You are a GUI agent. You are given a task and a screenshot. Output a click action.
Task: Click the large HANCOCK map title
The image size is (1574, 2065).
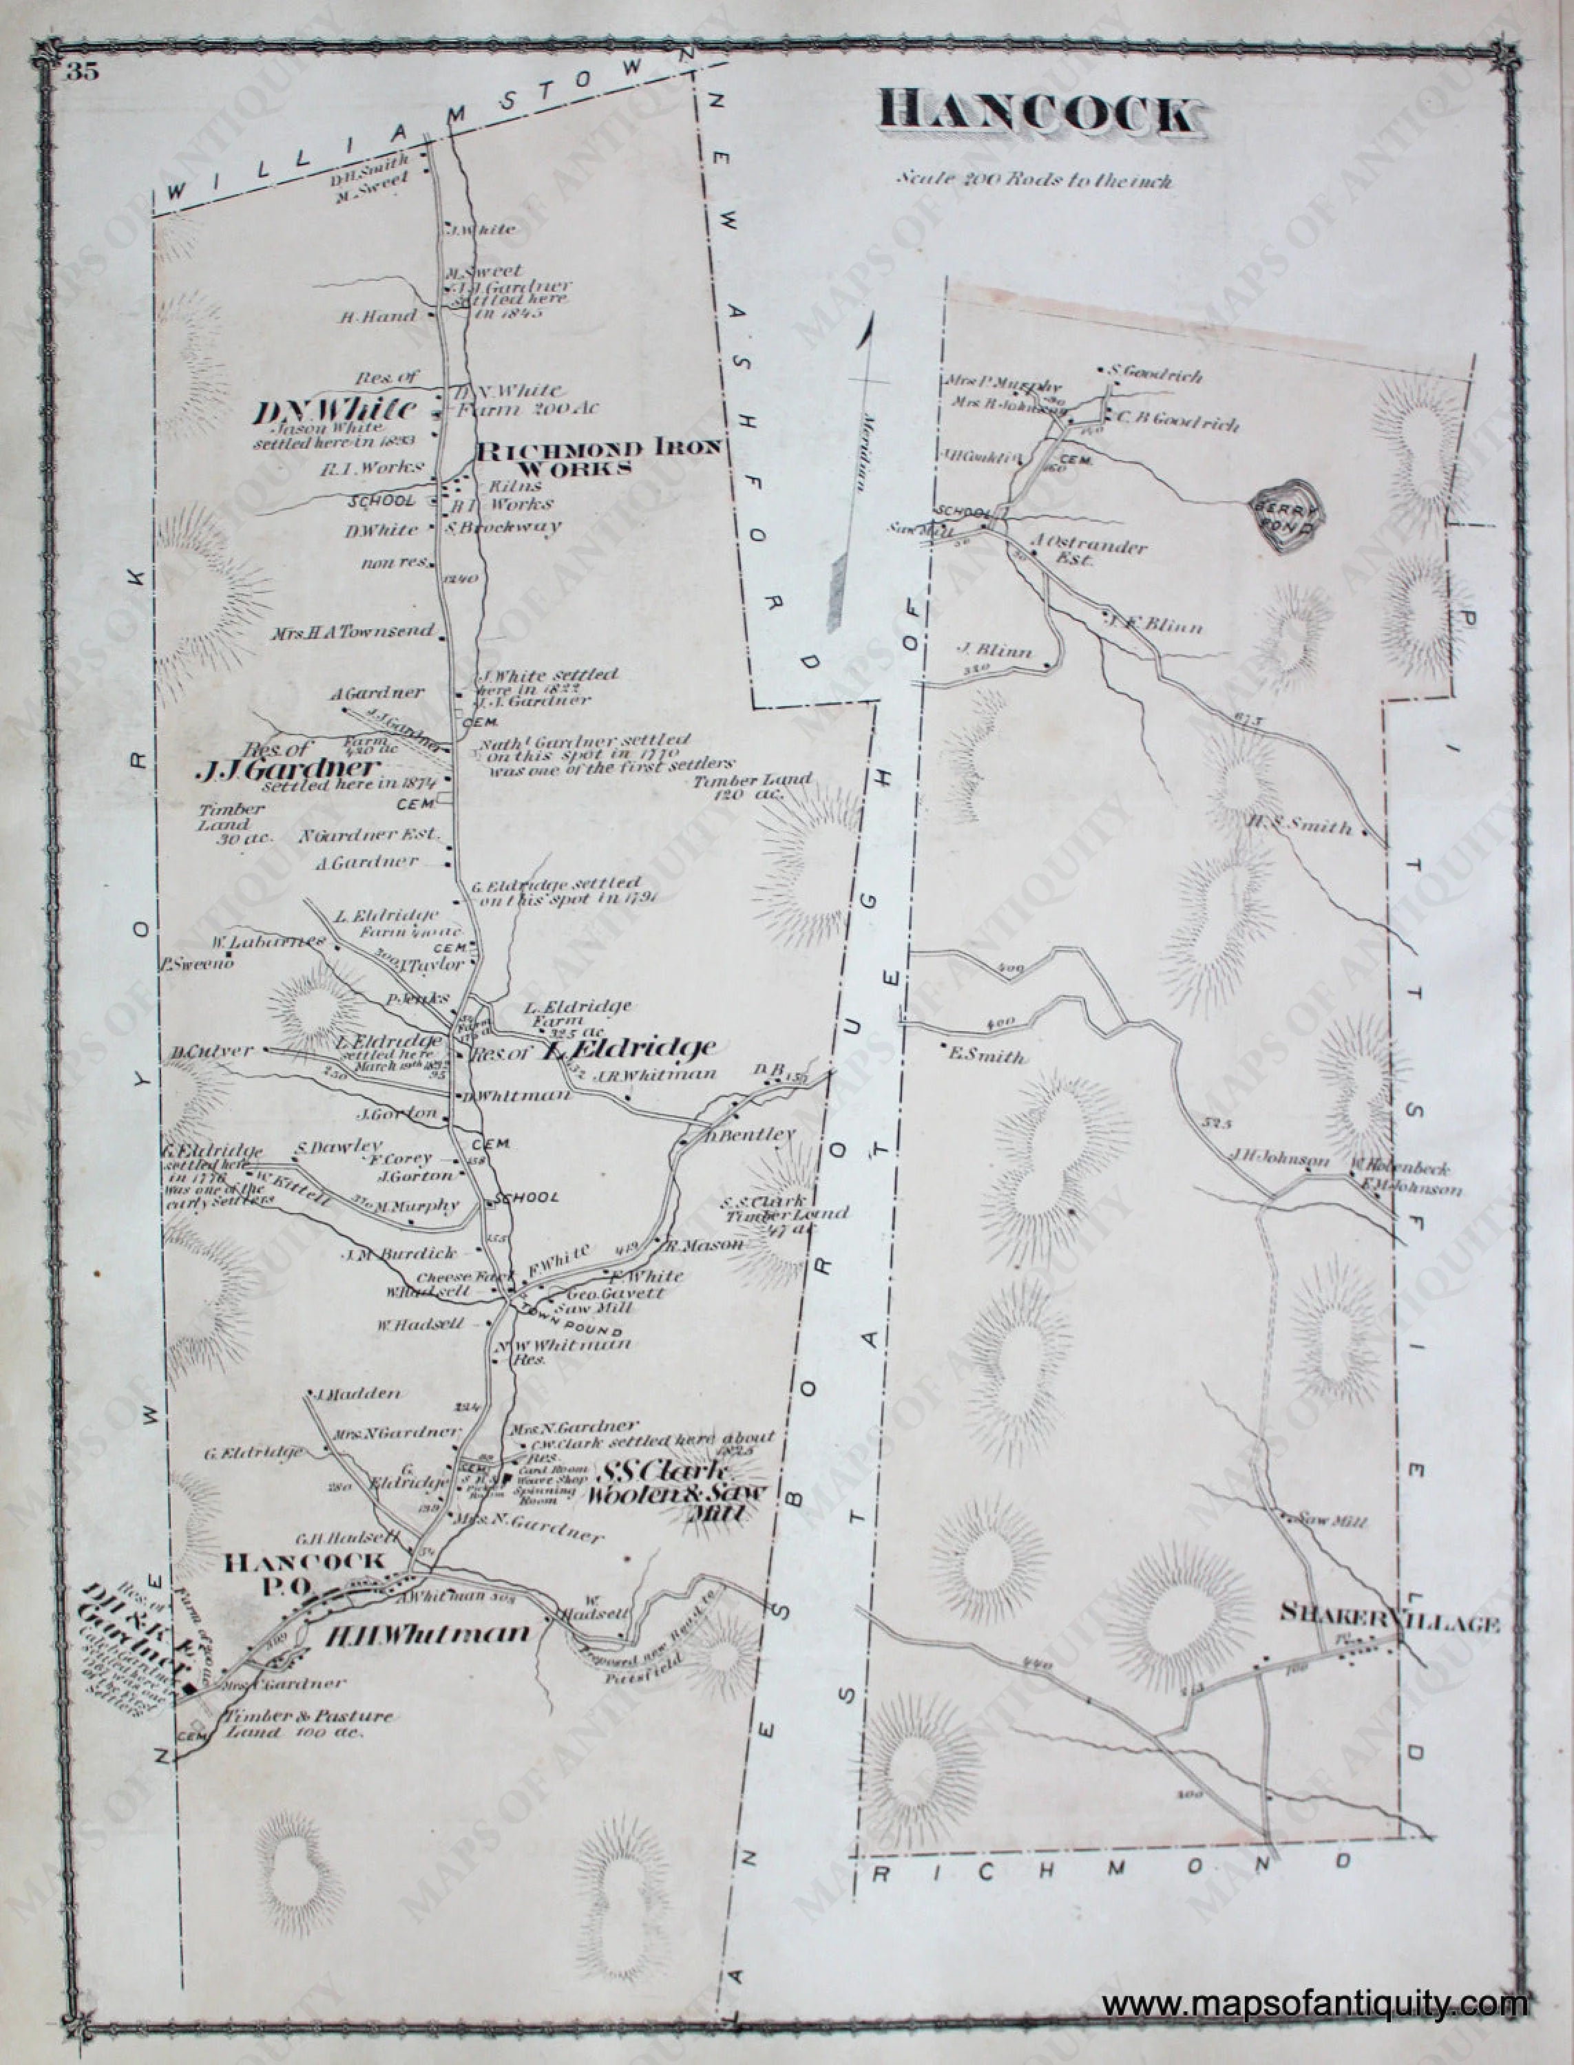click(1037, 115)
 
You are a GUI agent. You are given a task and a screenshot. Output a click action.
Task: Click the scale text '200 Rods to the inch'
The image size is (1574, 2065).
click(1033, 180)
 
